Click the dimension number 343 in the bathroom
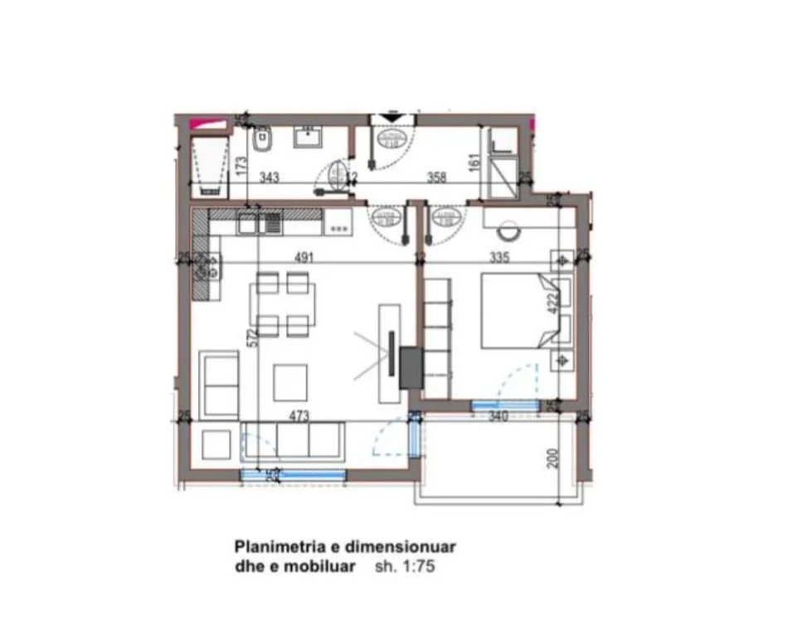(x=269, y=177)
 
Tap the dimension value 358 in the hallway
(x=436, y=177)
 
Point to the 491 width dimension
(x=303, y=257)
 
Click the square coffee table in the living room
(x=290, y=380)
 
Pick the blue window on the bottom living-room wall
(x=293, y=474)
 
